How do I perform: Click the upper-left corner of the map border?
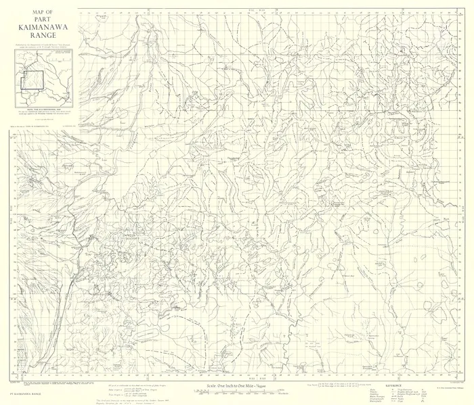(78, 9)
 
